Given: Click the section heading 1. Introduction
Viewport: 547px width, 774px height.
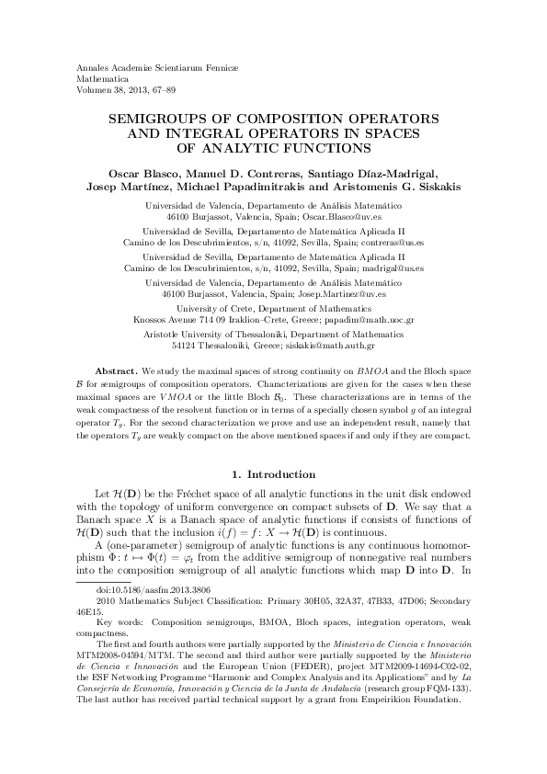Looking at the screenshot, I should [x=274, y=473].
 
